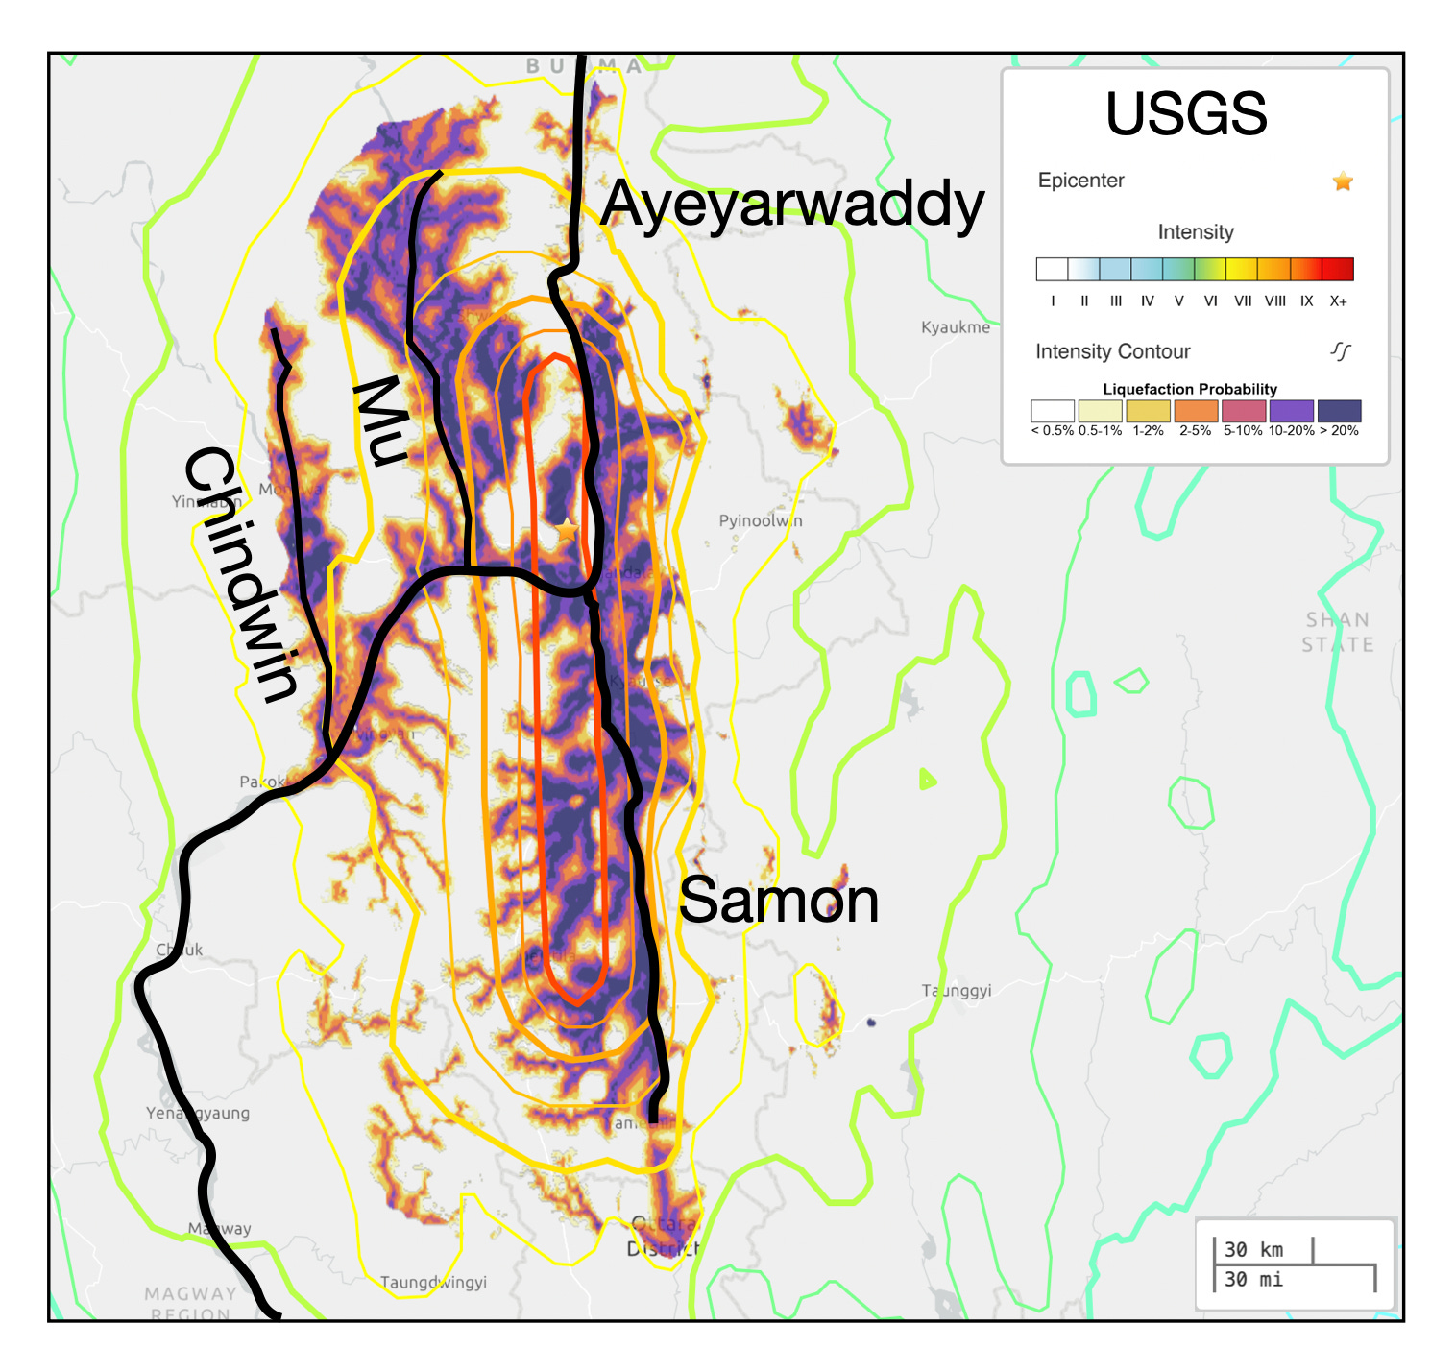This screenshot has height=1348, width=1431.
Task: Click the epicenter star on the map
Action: coord(567,529)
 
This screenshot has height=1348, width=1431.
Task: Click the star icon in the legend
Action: coord(1343,181)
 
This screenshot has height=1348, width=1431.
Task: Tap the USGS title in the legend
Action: coord(1186,114)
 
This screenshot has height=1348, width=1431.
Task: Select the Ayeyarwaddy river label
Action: coord(792,205)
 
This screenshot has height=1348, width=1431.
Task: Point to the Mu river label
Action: coord(380,421)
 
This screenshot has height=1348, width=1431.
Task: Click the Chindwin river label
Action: coord(241,574)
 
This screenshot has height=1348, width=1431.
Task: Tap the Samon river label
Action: coord(778,901)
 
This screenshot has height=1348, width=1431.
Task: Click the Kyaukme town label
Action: coord(955,327)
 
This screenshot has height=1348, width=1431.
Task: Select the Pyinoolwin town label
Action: coord(760,520)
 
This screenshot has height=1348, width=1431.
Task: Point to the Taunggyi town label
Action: coord(956,990)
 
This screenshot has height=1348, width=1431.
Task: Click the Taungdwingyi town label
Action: coord(433,1282)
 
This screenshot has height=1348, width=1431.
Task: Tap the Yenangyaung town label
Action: coord(198,1113)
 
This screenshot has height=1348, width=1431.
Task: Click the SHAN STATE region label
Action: coord(1337,632)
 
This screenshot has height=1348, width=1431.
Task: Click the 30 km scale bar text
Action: coord(1253,1249)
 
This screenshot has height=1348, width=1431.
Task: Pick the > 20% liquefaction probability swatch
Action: coord(1339,411)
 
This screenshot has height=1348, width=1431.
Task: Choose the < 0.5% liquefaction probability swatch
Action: coord(1052,411)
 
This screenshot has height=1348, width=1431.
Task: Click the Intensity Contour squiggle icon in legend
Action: coord(1341,351)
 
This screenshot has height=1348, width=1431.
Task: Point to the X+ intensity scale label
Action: coord(1338,301)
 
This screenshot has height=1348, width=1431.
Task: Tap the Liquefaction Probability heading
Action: coord(1189,389)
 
